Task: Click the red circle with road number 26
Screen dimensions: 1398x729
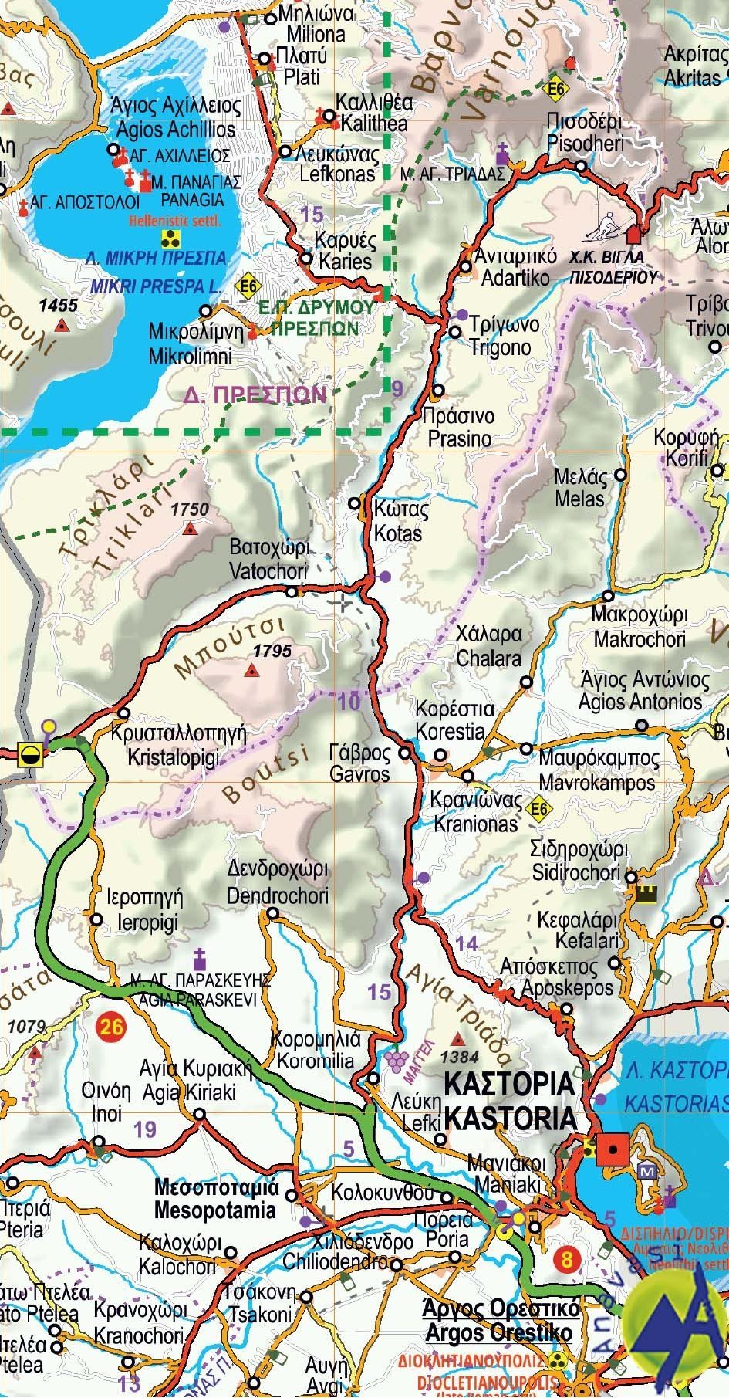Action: (x=112, y=1026)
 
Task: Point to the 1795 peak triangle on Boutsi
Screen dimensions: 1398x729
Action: (x=250, y=672)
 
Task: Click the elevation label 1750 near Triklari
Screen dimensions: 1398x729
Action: (x=190, y=509)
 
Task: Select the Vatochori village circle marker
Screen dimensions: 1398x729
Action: (x=292, y=592)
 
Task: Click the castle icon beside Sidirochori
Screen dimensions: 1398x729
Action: (x=645, y=893)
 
